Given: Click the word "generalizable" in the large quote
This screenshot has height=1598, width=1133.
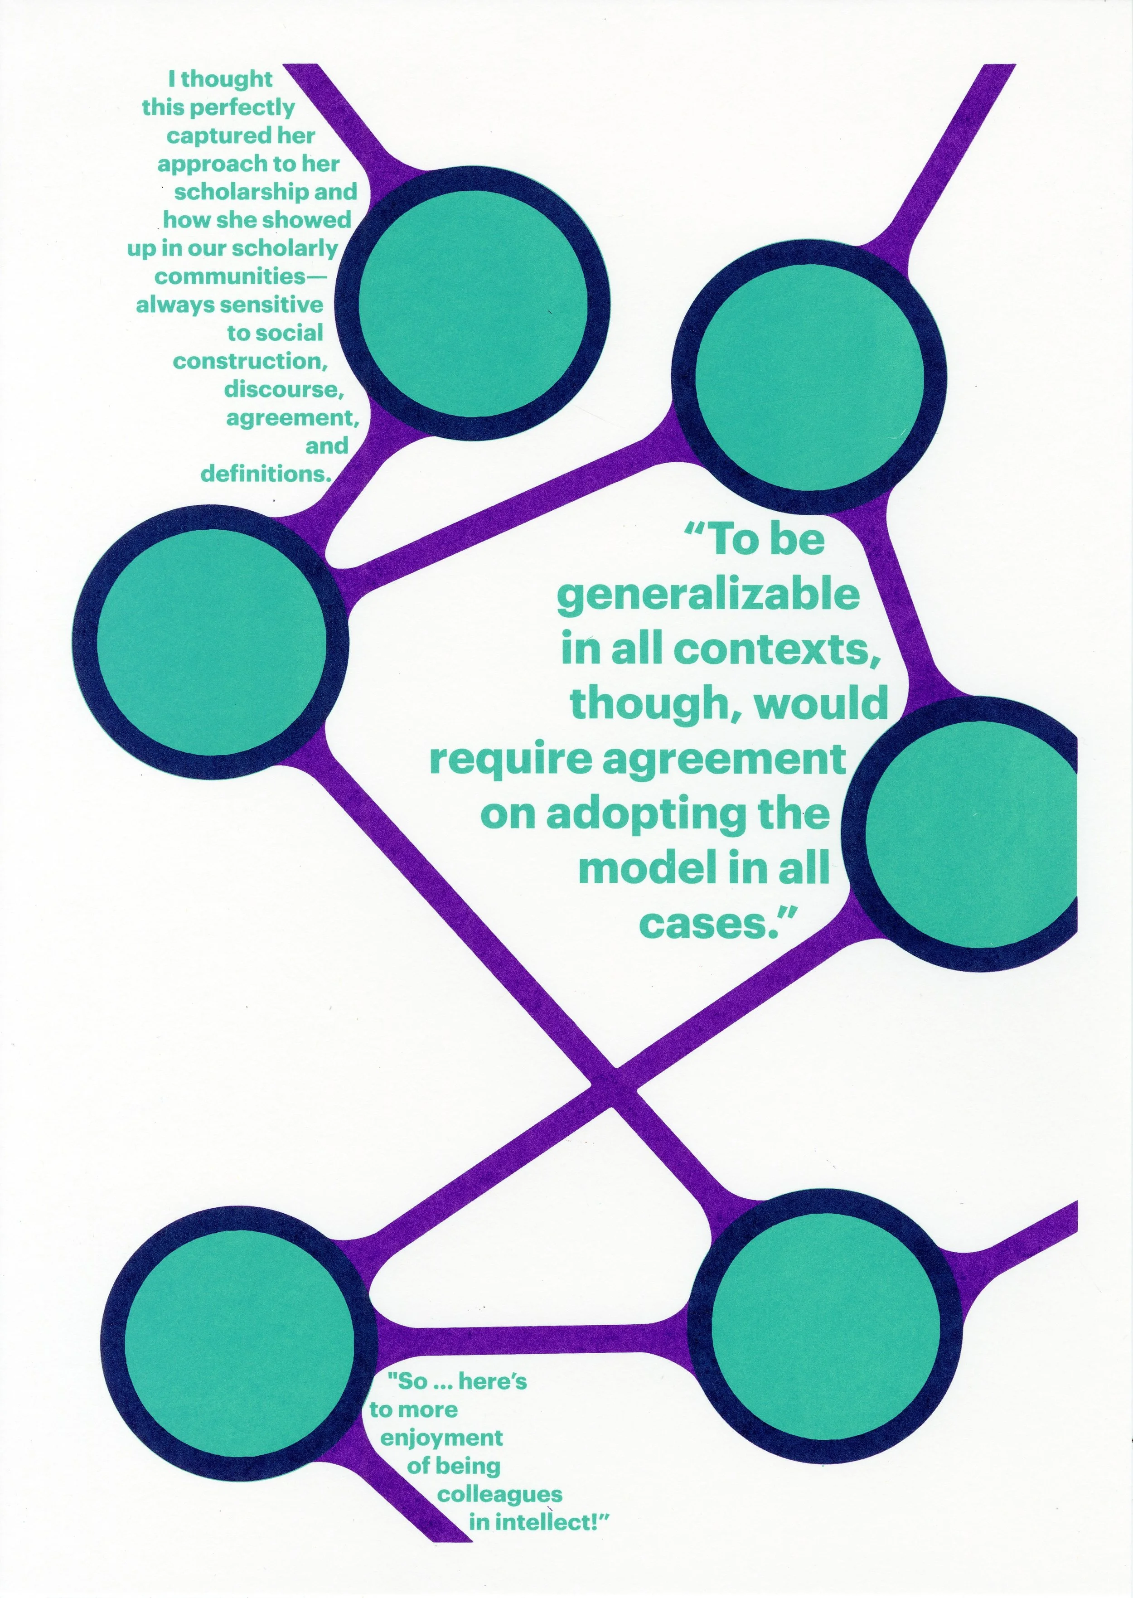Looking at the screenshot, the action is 708,595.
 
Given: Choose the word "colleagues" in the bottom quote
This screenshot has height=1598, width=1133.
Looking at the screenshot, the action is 499,1494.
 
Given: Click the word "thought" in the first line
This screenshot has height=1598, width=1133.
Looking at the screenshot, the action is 226,79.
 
